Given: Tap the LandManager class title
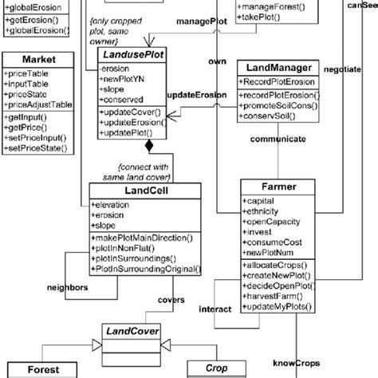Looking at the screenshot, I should [273, 68].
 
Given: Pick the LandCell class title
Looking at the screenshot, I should [128, 191].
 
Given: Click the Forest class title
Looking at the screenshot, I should [43, 370].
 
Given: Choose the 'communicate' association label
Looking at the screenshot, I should [278, 139].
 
